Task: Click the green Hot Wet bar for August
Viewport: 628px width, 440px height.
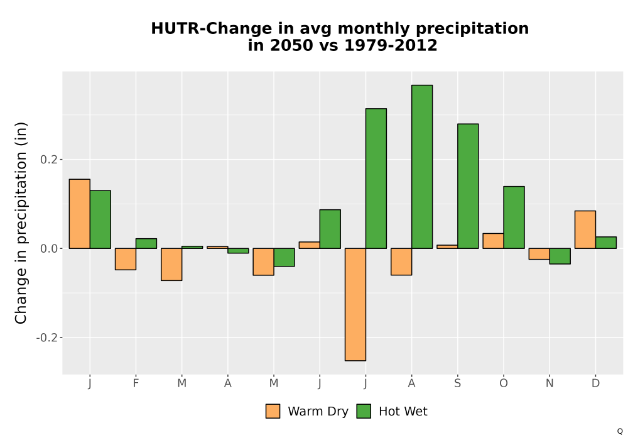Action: tap(422, 167)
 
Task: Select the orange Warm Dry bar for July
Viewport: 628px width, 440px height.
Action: tap(355, 305)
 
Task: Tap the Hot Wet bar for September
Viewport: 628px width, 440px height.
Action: tap(468, 186)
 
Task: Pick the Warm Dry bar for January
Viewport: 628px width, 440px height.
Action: tap(79, 214)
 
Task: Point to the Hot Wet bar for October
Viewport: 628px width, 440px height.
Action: tap(514, 217)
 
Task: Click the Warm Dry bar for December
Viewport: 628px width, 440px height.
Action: tap(585, 229)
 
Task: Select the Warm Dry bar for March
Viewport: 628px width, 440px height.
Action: tap(171, 265)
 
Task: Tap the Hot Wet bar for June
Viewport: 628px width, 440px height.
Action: tap(330, 229)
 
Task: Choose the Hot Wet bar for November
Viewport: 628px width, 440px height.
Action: tap(560, 256)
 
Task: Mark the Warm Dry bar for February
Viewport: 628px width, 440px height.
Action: tap(126, 259)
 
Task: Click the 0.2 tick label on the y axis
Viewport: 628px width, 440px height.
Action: tap(48, 160)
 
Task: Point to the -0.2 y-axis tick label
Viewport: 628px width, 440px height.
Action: tap(47, 338)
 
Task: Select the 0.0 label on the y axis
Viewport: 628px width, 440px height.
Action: tap(48, 248)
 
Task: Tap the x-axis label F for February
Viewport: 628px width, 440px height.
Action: tap(136, 383)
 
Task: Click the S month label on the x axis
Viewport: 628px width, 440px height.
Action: tap(457, 383)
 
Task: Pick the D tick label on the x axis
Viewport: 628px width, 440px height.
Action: tap(595, 383)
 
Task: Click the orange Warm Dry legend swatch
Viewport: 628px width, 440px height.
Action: tap(273, 411)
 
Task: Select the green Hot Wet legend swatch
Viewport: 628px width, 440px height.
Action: tap(364, 411)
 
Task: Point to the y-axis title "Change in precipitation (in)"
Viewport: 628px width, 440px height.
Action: tap(21, 223)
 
